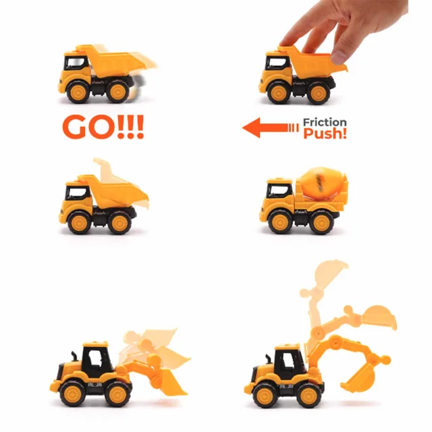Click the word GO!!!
pyautogui.click(x=103, y=127)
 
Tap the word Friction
pyautogui.click(x=325, y=122)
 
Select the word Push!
pyautogui.click(x=325, y=134)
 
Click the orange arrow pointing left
pyautogui.click(x=270, y=128)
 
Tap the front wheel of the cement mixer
pyautogui.click(x=279, y=222)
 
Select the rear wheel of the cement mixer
pyautogui.click(x=322, y=223)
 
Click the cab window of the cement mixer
pyautogui.click(x=279, y=190)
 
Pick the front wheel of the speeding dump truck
pyautogui.click(x=78, y=92)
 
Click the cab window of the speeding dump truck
pyautogui.click(x=76, y=63)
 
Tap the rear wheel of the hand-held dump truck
pyautogui.click(x=319, y=93)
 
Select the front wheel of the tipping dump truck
pyautogui.click(x=79, y=222)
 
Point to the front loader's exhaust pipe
pyautogui.click(x=74, y=357)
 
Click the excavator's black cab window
pyautogui.click(x=290, y=362)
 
